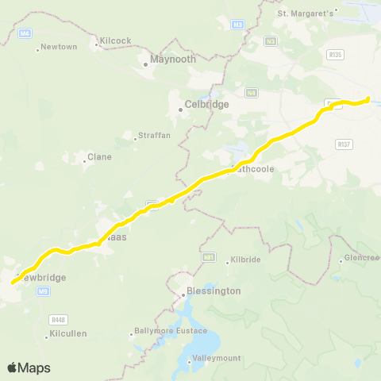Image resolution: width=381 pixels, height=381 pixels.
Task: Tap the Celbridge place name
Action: coord(206,104)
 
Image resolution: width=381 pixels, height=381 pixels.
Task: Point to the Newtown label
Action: coord(60,47)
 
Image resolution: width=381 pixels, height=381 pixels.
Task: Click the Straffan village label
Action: coord(154,136)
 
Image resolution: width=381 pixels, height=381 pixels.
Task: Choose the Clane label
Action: coord(99,156)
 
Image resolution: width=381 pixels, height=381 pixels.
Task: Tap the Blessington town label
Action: coord(213,291)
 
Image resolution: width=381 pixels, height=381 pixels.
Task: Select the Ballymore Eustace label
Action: coord(170,330)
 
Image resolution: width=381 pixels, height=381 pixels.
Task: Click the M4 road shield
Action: coord(25,33)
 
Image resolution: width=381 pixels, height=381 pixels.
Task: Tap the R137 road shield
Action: coord(344,144)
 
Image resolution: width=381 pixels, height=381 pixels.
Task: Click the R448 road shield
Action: coord(57,319)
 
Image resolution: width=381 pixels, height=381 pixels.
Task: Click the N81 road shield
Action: coord(209,256)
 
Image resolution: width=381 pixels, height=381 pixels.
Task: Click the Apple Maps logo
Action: coord(29,368)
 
